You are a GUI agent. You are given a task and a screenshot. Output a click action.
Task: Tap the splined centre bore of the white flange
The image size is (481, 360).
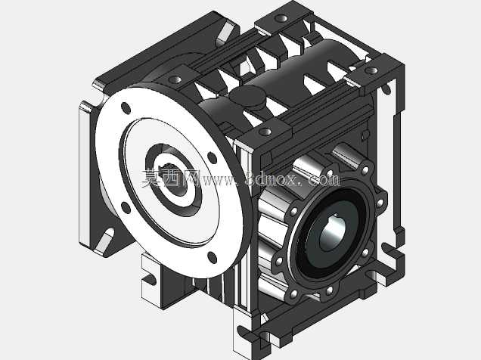pyautogui.click(x=174, y=180)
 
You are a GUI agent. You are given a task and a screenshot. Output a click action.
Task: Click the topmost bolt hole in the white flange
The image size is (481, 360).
pyautogui.click(x=126, y=108)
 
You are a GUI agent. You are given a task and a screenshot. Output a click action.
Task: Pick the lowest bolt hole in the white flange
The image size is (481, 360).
pyautogui.click(x=212, y=257)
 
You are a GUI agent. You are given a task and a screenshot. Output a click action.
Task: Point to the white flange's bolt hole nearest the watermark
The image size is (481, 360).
pyautogui.click(x=212, y=157)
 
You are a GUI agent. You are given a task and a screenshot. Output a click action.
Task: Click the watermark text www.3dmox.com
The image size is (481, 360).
pyautogui.click(x=270, y=178)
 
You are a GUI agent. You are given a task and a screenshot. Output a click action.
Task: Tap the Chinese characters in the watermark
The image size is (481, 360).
pyautogui.click(x=171, y=178)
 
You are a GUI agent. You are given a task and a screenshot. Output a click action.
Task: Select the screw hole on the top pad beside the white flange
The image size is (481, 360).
pyautogui.click(x=176, y=79)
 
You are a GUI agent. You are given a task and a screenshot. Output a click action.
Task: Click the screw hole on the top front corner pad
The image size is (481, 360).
pyautogui.click(x=265, y=132)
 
